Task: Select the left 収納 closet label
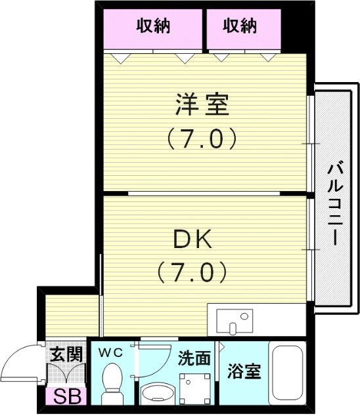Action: point(153,26)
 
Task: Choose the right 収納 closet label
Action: point(240,26)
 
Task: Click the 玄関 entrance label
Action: point(66,356)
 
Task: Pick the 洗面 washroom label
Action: point(194,358)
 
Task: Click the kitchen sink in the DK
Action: point(233,321)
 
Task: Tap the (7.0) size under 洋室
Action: point(201,138)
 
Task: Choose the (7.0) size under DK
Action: point(192,270)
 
